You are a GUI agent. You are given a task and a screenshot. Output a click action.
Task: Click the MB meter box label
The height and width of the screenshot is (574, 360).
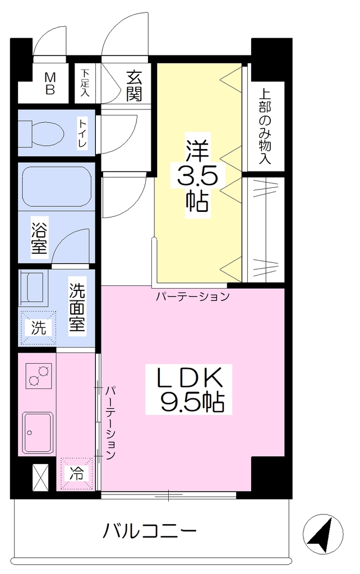pyautogui.click(x=50, y=84)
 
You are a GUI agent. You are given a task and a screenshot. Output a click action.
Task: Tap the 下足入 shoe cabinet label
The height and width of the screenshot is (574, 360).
pyautogui.click(x=85, y=83)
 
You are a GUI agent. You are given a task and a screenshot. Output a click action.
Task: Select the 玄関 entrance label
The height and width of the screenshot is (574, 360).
pyautogui.click(x=134, y=86)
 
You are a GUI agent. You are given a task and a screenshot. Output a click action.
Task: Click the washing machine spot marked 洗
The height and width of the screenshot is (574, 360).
pyautogui.click(x=38, y=328)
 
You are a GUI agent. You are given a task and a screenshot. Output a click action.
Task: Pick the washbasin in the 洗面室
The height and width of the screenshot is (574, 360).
pyautogui.click(x=34, y=288)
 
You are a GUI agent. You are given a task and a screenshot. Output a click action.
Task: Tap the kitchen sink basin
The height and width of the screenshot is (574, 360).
pyautogui.click(x=38, y=432)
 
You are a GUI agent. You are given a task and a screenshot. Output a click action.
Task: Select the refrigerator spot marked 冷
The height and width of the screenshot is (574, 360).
pyautogui.click(x=76, y=474)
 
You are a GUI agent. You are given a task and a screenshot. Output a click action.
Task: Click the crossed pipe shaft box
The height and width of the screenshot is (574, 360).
pyautogui.click(x=40, y=478)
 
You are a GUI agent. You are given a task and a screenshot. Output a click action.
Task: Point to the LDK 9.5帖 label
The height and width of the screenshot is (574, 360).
pyautogui.click(x=190, y=390)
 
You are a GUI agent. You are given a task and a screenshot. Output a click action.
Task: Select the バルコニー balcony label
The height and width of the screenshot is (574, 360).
pyautogui.click(x=149, y=531)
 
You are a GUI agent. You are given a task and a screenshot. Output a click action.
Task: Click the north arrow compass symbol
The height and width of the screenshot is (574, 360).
pyautogui.click(x=324, y=533)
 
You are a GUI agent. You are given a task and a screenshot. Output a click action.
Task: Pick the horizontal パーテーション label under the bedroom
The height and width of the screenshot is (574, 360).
pyautogui.click(x=193, y=296)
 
